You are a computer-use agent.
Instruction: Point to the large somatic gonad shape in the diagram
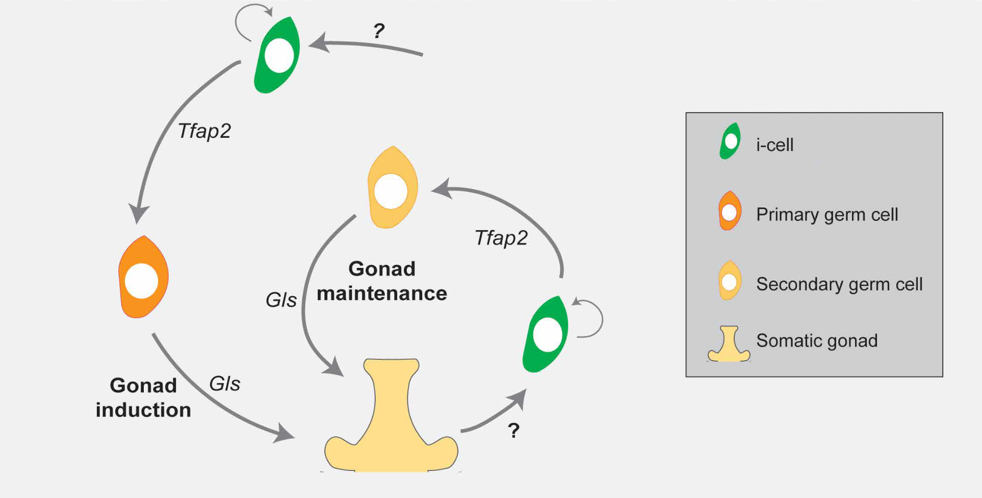tap(391, 424)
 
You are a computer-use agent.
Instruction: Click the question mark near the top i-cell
tap(378, 32)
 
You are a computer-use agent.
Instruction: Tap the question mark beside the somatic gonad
tap(513, 431)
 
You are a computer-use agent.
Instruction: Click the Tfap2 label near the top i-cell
tap(204, 131)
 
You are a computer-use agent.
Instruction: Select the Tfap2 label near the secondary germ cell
tap(501, 238)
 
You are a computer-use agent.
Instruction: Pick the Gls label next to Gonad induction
tap(224, 384)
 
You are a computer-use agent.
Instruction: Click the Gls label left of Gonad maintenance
tap(281, 300)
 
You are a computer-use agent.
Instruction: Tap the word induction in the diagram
tap(143, 410)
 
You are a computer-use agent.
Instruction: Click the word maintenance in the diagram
tap(381, 294)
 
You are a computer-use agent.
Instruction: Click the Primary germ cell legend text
tap(826, 214)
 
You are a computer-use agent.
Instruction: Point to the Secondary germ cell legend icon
tap(730, 280)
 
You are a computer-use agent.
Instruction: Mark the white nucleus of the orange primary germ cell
tap(142, 281)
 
